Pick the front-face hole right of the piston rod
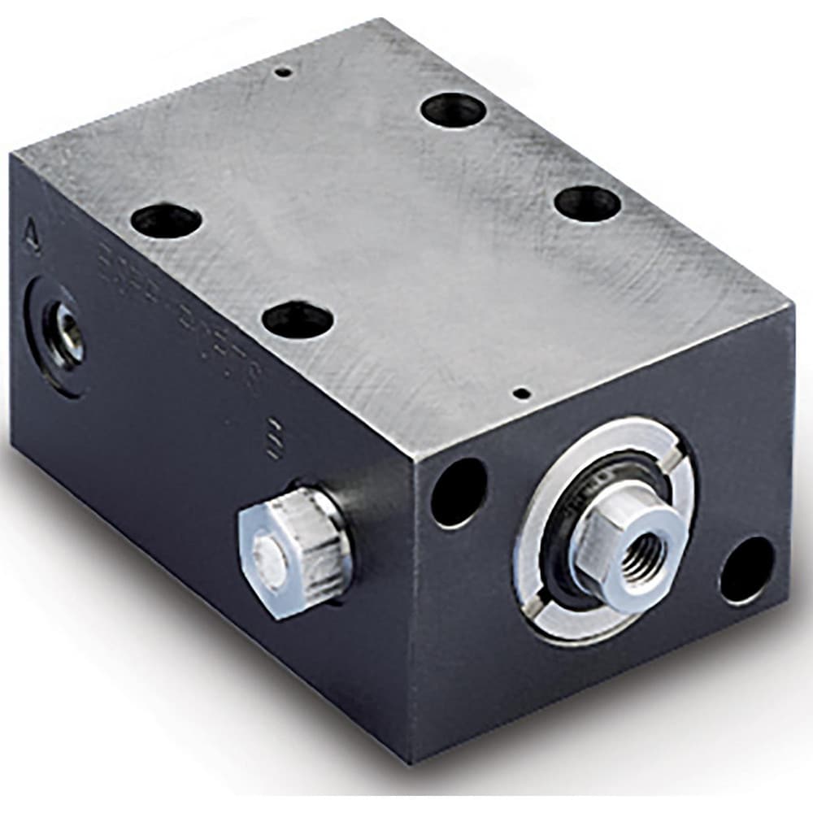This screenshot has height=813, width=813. point(746,569)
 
